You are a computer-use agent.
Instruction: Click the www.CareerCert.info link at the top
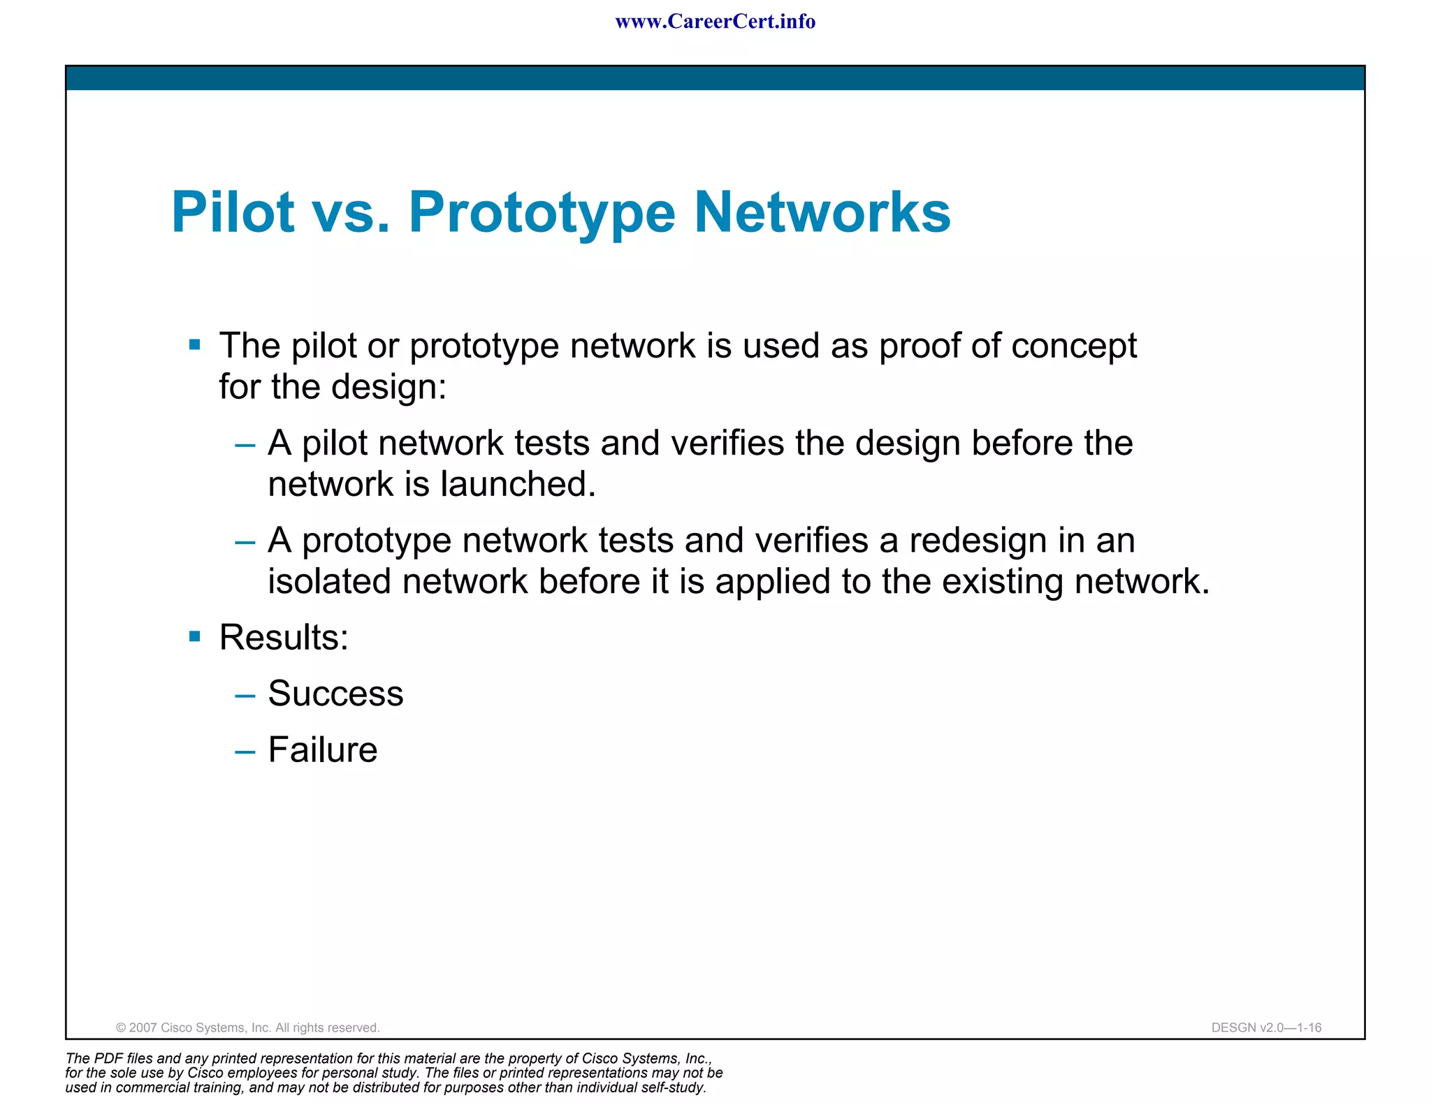click(715, 22)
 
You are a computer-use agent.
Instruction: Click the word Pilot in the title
click(233, 212)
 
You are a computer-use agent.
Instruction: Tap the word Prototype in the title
click(542, 212)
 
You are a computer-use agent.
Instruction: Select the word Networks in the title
click(822, 212)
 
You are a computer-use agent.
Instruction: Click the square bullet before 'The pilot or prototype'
click(195, 344)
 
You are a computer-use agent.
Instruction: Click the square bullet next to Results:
click(195, 636)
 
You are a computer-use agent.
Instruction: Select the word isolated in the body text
click(328, 582)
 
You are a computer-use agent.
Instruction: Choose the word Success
click(335, 694)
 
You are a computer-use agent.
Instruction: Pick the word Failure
click(323, 750)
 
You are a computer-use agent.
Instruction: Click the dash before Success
click(245, 696)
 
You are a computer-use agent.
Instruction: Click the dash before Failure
click(245, 752)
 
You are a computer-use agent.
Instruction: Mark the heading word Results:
click(284, 637)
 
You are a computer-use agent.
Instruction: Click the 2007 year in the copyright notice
click(143, 1027)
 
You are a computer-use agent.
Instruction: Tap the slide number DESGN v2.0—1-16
click(1266, 1027)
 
